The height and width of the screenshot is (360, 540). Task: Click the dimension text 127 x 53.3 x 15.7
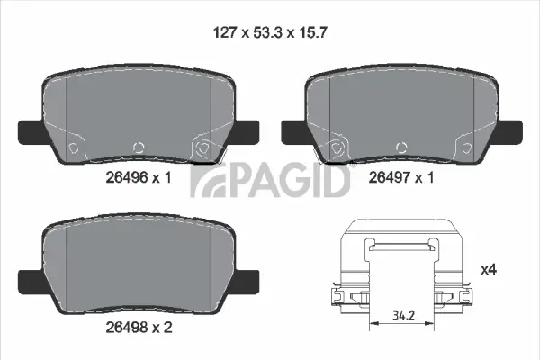click(269, 33)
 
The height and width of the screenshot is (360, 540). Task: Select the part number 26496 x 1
click(137, 178)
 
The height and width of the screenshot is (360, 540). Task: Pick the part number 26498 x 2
click(137, 327)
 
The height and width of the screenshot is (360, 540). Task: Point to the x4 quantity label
click(489, 269)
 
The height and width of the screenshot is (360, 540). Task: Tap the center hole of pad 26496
click(137, 147)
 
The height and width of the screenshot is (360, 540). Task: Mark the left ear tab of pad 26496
click(31, 132)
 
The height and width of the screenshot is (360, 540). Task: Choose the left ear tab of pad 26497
click(295, 132)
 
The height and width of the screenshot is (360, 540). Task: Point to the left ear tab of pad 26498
click(31, 280)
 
